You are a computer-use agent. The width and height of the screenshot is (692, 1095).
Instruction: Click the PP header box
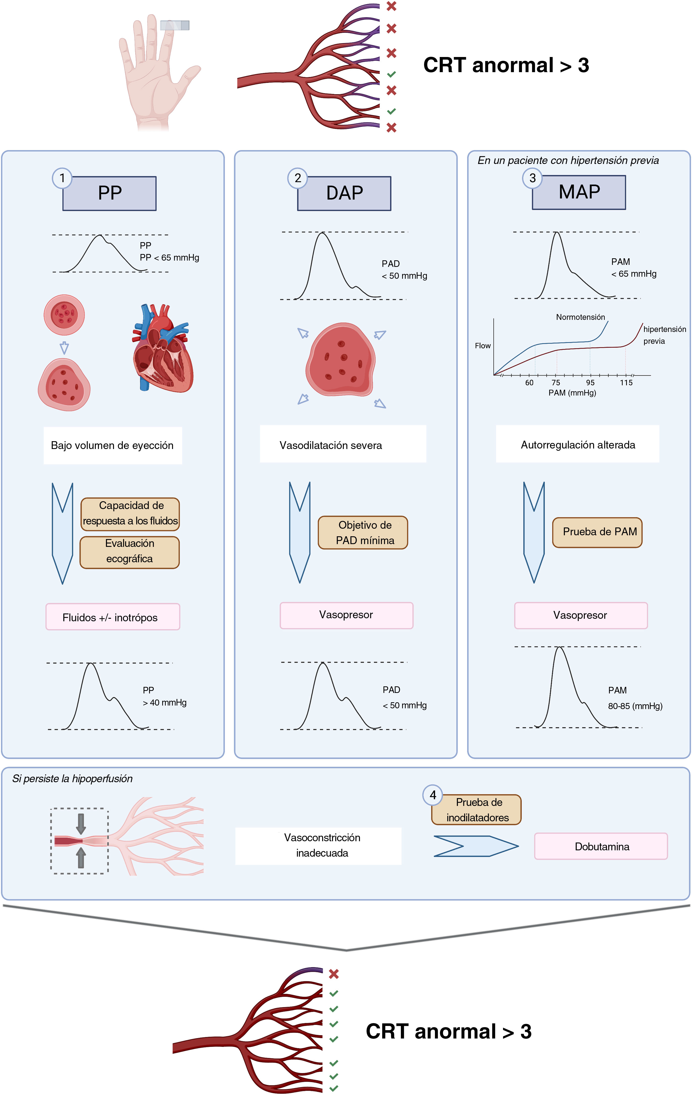click(x=109, y=193)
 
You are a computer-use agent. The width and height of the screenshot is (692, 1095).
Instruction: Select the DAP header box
click(x=344, y=193)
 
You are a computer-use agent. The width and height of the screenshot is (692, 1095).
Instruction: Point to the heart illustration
click(x=162, y=348)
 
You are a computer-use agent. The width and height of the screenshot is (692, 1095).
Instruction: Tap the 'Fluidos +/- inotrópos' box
click(x=112, y=617)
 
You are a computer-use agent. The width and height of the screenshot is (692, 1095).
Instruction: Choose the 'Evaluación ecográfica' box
click(x=130, y=552)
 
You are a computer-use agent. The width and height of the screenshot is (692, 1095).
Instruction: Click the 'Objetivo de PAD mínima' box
click(x=363, y=532)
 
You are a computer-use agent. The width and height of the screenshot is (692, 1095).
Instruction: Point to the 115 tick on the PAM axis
click(x=626, y=382)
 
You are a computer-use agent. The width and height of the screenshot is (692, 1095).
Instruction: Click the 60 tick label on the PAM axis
click(x=529, y=382)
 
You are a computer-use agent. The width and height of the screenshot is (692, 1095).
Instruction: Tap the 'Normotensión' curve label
click(x=580, y=317)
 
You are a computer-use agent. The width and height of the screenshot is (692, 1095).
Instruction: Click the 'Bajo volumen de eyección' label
click(x=112, y=445)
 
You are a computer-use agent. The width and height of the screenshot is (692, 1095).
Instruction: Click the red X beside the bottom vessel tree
click(x=334, y=974)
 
